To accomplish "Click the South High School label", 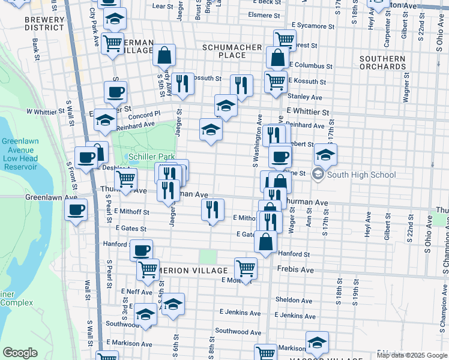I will (362, 175).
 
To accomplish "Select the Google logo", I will (20, 353).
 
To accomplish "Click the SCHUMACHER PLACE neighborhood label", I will (232, 51).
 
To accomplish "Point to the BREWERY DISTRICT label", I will (44, 23).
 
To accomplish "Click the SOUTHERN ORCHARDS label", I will (382, 62).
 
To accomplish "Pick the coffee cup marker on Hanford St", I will (142, 250).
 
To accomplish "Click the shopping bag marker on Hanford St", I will (266, 242).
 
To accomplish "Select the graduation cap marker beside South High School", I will (325, 155).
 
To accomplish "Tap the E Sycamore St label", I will (313, 26).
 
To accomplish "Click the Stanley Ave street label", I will (305, 97).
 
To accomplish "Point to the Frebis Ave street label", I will (295, 271).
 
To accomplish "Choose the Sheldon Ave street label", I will (294, 301).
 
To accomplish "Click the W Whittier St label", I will (45, 112).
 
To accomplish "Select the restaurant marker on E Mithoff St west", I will (211, 209).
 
